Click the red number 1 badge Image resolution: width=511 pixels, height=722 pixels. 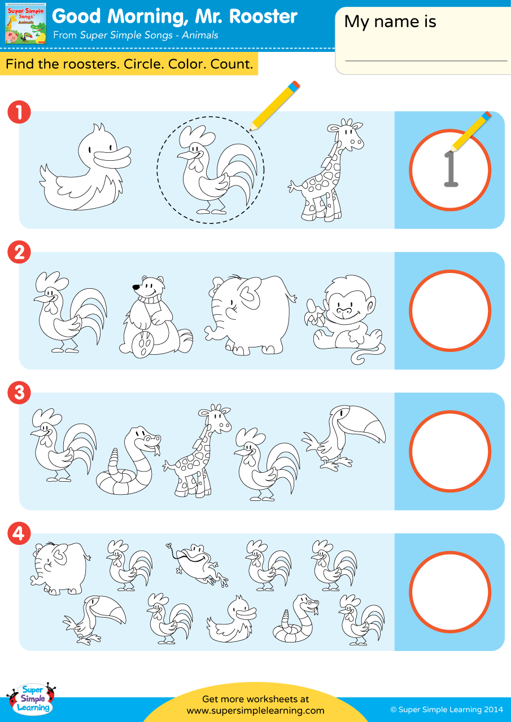(x=19, y=112)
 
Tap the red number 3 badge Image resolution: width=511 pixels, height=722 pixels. (x=19, y=392)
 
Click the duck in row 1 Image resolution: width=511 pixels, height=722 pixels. (x=85, y=168)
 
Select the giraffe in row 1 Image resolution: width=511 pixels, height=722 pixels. (x=326, y=170)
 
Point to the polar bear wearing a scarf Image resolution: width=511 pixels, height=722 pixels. (x=156, y=316)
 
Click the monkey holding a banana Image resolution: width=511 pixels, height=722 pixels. (x=345, y=319)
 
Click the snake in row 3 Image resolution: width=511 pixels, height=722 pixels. (x=128, y=461)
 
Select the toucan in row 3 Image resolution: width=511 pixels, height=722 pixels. (x=344, y=437)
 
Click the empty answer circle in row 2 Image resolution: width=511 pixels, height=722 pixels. (x=450, y=310)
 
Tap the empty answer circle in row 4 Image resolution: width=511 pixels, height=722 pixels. (x=450, y=592)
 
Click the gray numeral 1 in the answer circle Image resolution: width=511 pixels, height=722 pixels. (x=451, y=169)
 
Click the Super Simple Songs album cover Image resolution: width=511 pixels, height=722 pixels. (x=26, y=24)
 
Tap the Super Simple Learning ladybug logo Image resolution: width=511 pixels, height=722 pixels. (x=32, y=698)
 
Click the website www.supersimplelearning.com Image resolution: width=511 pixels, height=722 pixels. (x=255, y=710)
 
